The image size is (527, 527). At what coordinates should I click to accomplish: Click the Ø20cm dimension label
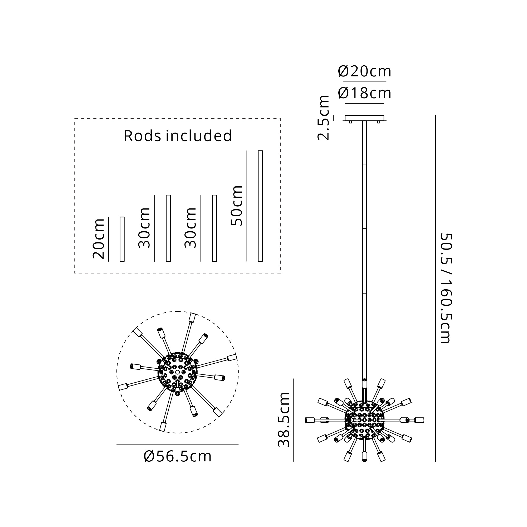(364, 71)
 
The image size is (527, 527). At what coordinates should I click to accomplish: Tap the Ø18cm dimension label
(364, 93)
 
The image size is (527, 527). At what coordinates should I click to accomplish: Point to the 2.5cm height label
(324, 118)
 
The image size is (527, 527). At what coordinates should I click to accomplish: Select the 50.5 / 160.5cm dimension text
(446, 288)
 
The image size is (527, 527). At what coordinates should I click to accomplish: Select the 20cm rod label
(99, 239)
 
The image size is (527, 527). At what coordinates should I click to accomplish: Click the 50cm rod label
(237, 206)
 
